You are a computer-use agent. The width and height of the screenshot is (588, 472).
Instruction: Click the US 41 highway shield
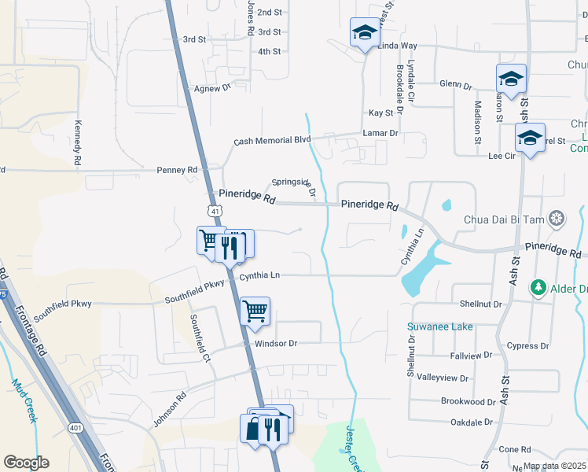tap(215, 211)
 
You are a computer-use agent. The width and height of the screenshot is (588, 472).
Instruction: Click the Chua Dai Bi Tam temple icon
tap(557, 218)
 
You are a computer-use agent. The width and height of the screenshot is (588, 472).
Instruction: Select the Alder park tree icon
tap(539, 288)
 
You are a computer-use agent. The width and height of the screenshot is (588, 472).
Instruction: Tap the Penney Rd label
tap(177, 169)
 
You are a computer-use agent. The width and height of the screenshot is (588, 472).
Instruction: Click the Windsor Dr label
tap(270, 344)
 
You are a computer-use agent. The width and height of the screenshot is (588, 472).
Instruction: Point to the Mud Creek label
tap(23, 400)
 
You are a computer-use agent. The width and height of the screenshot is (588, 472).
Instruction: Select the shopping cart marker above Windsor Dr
tap(255, 311)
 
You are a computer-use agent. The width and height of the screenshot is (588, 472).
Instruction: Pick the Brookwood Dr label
tap(468, 401)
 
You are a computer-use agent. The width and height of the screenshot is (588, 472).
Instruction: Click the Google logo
tap(26, 463)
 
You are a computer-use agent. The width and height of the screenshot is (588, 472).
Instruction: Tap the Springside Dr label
tap(296, 186)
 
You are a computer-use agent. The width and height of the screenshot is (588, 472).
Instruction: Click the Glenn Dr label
tap(455, 84)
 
